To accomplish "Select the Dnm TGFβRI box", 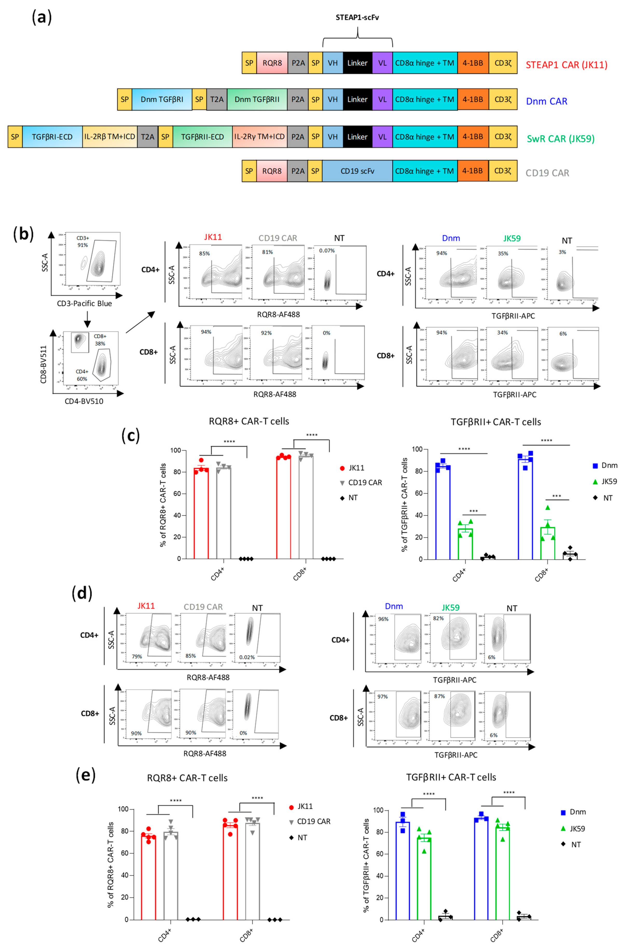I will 162,100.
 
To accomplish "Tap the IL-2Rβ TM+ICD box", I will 110,137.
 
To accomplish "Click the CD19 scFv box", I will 357,171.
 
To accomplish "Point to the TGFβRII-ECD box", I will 202,137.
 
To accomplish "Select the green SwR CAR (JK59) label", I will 560,139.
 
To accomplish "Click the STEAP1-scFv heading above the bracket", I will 357,18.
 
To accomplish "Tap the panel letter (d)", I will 82,593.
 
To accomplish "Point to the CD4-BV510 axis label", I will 84,401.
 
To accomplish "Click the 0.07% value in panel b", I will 327,251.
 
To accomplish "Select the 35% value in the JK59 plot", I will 503,253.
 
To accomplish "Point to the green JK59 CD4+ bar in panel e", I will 424,878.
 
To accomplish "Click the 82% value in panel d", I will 438,618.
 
